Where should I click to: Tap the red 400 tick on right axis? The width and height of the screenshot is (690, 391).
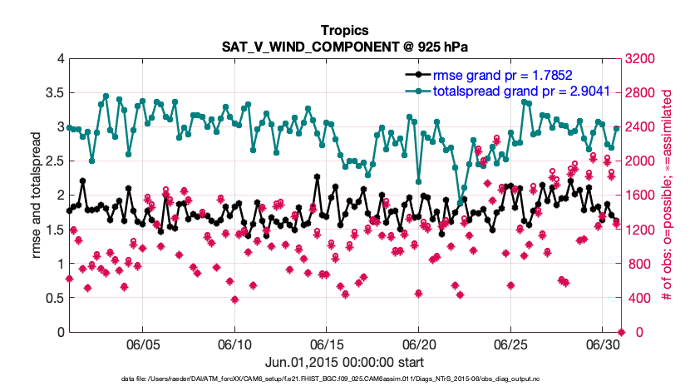pyautogui.click(x=638, y=298)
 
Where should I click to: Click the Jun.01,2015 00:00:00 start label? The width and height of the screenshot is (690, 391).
pyautogui.click(x=344, y=362)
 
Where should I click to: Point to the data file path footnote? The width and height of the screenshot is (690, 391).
pyautogui.click(x=343, y=379)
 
